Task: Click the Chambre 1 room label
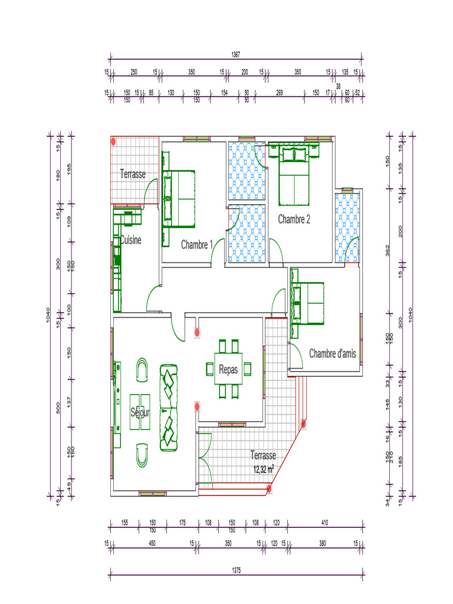tap(197, 244)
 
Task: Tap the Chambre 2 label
tap(294, 219)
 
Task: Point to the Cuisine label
tap(131, 240)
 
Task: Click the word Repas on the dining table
tap(228, 369)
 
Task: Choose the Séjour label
tap(140, 412)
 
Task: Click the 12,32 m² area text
tap(264, 470)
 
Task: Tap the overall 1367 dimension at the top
tap(236, 54)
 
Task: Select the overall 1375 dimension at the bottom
tap(236, 570)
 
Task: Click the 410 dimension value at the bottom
tap(325, 523)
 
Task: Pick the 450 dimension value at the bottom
tap(152, 543)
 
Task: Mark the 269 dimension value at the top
tap(280, 93)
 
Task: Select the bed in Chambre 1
tap(179, 198)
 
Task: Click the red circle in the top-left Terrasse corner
tap(114, 142)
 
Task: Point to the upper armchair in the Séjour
tap(142, 370)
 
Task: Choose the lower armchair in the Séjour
tap(142, 455)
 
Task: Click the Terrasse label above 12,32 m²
tap(263, 455)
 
